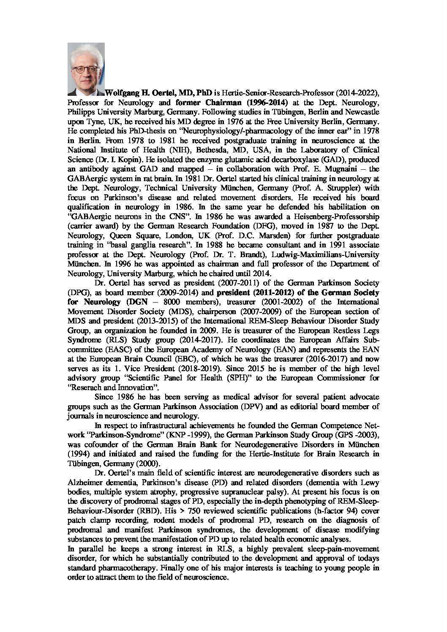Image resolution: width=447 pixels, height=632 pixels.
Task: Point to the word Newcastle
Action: click(x=363, y=111)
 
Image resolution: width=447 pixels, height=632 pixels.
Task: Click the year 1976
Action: click(x=216, y=121)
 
